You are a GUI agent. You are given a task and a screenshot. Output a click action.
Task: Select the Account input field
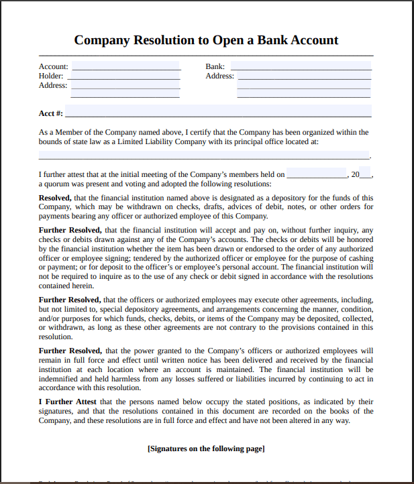pos(126,66)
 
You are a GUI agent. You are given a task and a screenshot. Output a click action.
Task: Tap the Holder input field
pos(125,76)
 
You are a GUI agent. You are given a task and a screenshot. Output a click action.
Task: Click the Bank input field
pos(301,66)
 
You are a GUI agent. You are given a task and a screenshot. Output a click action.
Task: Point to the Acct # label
pos(51,114)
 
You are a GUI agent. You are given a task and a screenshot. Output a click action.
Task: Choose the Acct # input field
pos(218,112)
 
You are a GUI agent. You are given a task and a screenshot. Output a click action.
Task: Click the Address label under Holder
pos(53,85)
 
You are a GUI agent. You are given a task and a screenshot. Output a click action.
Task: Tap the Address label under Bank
pos(219,76)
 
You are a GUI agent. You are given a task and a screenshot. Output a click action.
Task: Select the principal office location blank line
pos(204,155)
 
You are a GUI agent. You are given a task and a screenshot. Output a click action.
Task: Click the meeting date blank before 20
pos(316,175)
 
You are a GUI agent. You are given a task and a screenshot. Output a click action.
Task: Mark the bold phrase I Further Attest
pos(68,402)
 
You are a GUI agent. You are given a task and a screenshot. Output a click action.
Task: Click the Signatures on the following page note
pos(206,448)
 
